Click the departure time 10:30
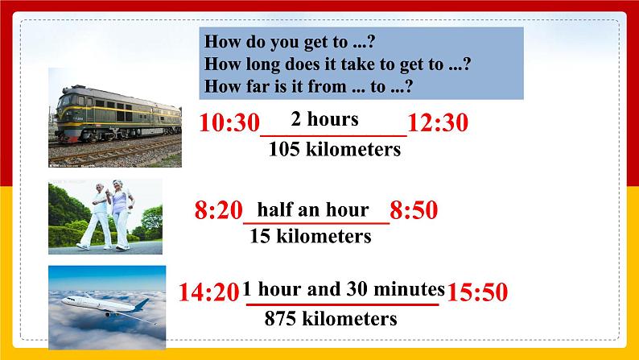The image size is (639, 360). pyautogui.click(x=229, y=124)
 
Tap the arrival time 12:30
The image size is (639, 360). pyautogui.click(x=438, y=124)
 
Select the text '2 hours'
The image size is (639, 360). pyautogui.click(x=324, y=119)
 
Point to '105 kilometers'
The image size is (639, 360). pyautogui.click(x=334, y=149)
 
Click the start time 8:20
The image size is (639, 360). pyautogui.click(x=219, y=211)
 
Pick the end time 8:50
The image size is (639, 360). pyautogui.click(x=414, y=211)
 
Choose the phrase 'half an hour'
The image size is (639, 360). pyautogui.click(x=312, y=209)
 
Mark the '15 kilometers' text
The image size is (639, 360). pyautogui.click(x=310, y=236)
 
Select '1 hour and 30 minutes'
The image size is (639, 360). pyautogui.click(x=344, y=288)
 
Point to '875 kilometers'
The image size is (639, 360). pyautogui.click(x=331, y=318)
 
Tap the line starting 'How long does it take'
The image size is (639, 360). pyautogui.click(x=337, y=64)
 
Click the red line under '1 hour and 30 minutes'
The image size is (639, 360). pyautogui.click(x=343, y=304)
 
